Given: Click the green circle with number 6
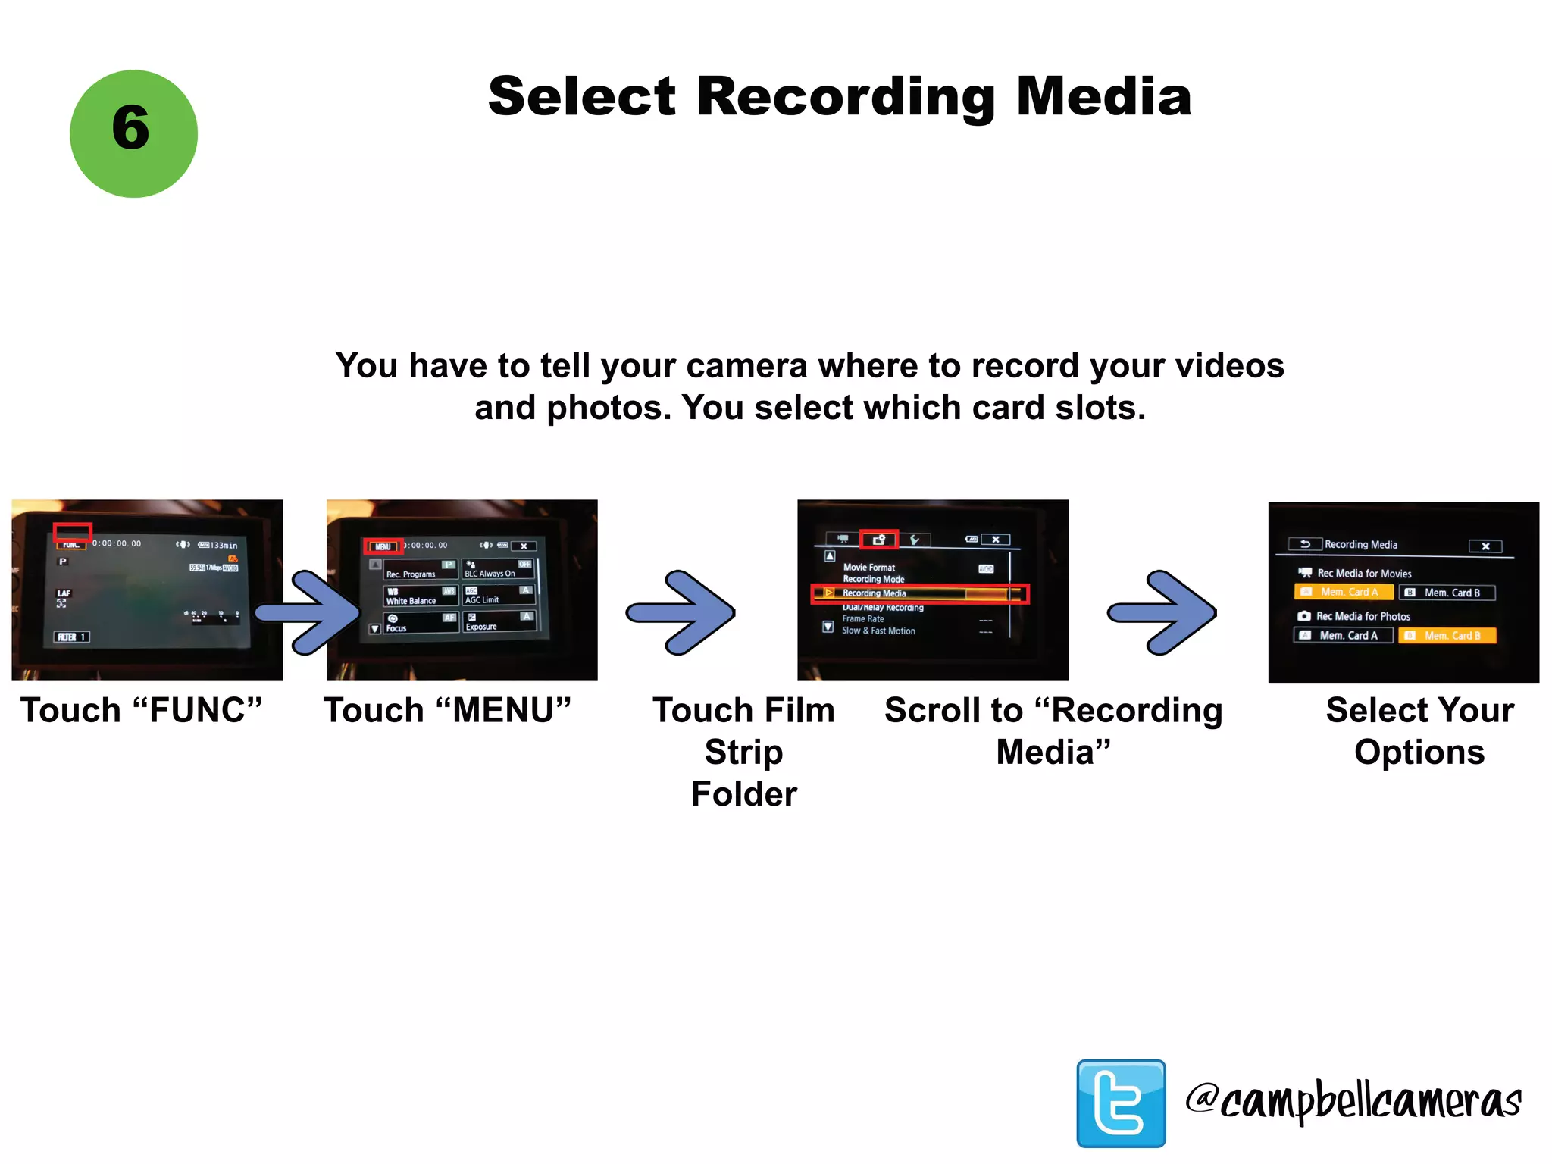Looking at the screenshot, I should tap(133, 133).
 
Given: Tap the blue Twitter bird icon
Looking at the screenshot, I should tap(1121, 1103).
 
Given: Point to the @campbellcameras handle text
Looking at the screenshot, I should tap(1353, 1101).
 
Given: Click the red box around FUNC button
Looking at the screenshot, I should tap(72, 533).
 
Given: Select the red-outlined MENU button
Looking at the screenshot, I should tap(383, 546).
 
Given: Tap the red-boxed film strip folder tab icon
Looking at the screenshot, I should tap(879, 540).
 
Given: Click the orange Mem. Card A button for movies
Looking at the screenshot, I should tap(1344, 592).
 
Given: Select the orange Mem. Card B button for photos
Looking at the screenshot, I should tap(1447, 635).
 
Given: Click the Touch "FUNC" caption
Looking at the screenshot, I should tap(142, 711).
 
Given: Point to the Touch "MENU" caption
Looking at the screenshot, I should tap(447, 711).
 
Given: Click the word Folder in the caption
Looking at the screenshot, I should tap(743, 794).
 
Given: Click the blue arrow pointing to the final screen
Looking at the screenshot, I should tap(1162, 612).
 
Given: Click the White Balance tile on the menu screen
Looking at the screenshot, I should tap(421, 596).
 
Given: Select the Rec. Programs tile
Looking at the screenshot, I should tap(421, 569).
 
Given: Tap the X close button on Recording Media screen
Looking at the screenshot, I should tap(1485, 546).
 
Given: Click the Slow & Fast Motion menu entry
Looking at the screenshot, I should tap(878, 630).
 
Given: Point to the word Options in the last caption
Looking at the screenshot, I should tap(1419, 753).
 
